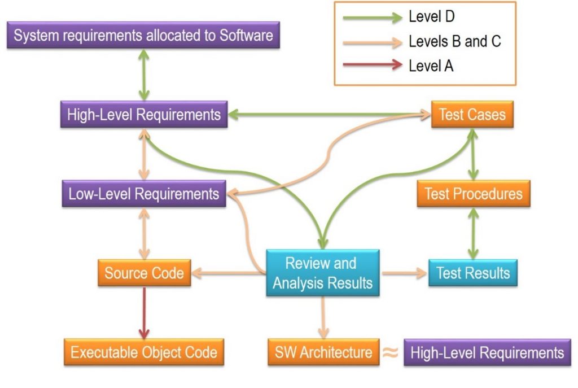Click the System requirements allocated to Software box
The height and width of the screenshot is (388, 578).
[x=143, y=36]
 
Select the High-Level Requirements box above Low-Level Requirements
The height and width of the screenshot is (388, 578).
[x=143, y=115]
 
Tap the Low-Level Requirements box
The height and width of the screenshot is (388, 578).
[x=143, y=194]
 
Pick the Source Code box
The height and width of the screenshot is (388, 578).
[x=144, y=273]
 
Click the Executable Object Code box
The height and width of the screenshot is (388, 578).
[x=143, y=352]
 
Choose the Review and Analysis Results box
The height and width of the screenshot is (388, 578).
[x=322, y=273]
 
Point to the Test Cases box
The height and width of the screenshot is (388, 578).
[x=472, y=115]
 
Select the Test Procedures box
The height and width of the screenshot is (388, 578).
[x=473, y=194]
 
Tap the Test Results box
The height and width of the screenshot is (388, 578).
[x=472, y=273]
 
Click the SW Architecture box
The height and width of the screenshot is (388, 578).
[x=323, y=352]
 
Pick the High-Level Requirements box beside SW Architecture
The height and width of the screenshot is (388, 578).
[x=487, y=353]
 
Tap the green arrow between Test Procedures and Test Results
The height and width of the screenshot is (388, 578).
[x=473, y=234]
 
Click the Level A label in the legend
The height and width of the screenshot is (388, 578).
[x=431, y=66]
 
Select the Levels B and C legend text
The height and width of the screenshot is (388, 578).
[x=454, y=41]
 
